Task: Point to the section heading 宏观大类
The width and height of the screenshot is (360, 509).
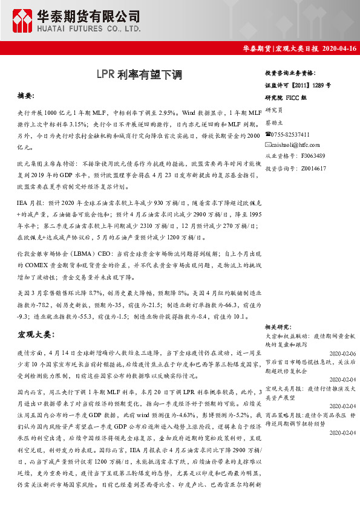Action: point(36,334)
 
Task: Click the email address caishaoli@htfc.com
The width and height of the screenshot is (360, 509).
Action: point(296,145)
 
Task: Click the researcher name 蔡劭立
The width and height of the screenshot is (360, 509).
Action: point(275,123)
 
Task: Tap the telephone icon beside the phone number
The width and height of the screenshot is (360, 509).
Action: point(269,134)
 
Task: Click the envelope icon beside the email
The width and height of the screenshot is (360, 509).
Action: point(269,145)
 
